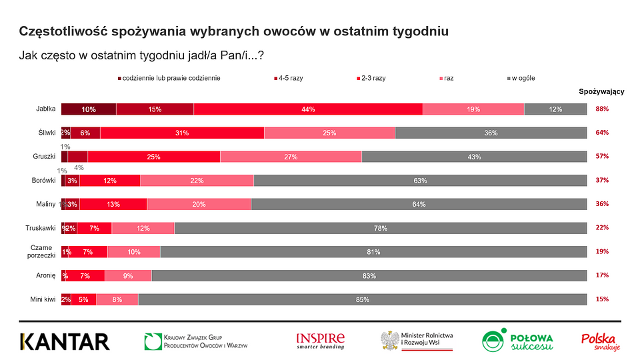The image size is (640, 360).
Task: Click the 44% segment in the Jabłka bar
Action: pyautogui.click(x=308, y=109)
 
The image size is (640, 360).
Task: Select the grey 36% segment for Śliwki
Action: pyautogui.click(x=491, y=133)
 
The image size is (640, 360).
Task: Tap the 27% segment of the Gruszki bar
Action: pyautogui.click(x=291, y=157)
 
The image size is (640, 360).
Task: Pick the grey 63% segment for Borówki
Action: pyautogui.click(x=420, y=181)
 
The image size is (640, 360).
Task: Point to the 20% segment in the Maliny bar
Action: pyautogui.click(x=199, y=204)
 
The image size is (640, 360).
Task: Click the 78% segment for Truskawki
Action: pyautogui.click(x=381, y=228)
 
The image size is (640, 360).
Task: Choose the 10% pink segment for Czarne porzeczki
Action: pyautogui.click(x=134, y=252)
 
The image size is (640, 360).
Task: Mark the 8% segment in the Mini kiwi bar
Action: pyautogui.click(x=117, y=299)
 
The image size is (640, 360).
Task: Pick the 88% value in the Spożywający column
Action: pyautogui.click(x=602, y=109)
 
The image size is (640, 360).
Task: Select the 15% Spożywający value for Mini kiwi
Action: pyautogui.click(x=602, y=299)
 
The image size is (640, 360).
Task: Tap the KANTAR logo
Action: pyautogui.click(x=64, y=341)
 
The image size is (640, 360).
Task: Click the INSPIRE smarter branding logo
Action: pyautogui.click(x=320, y=341)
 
